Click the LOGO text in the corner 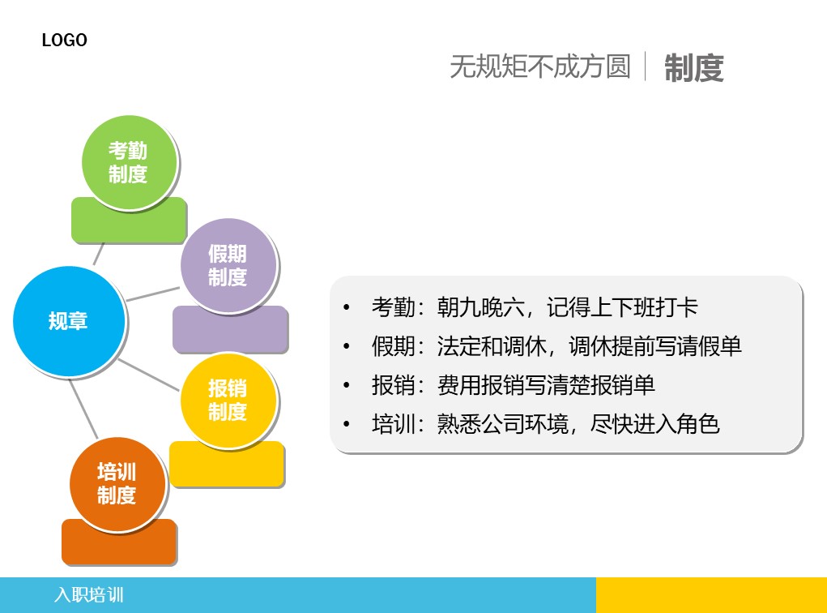pyautogui.click(x=64, y=40)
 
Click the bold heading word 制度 pyautogui.click(x=693, y=68)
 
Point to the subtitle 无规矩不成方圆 pyautogui.click(x=540, y=66)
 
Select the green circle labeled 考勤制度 pyautogui.click(x=130, y=163)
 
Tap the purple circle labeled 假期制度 pyautogui.click(x=228, y=266)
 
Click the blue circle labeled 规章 pyautogui.click(x=69, y=321)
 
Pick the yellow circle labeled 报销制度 pyautogui.click(x=228, y=401)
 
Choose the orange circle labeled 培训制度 pyautogui.click(x=117, y=484)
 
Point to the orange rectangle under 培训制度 pyautogui.click(x=119, y=547)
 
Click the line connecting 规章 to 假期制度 pyautogui.click(x=152, y=294)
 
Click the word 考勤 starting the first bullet pyautogui.click(x=394, y=307)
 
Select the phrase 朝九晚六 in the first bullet pyautogui.click(x=480, y=307)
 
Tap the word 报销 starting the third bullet pyautogui.click(x=394, y=385)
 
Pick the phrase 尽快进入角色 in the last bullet pyautogui.click(x=654, y=424)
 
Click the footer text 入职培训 pyautogui.click(x=88, y=595)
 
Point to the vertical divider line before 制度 pyautogui.click(x=646, y=66)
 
